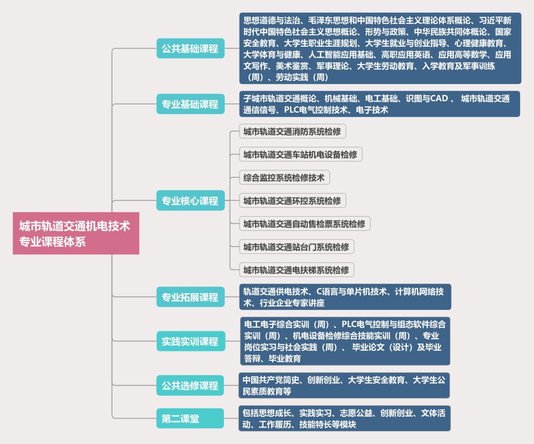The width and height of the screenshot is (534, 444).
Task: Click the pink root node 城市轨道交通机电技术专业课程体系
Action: [x=76, y=233]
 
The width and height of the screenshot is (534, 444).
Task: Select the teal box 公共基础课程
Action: [x=190, y=49]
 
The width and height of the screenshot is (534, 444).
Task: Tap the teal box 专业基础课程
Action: [x=190, y=104]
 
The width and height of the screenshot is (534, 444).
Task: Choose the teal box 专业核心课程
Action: [x=190, y=200]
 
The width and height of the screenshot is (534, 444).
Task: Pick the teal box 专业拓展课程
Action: [x=190, y=297]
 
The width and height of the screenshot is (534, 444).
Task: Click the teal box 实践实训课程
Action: [x=190, y=341]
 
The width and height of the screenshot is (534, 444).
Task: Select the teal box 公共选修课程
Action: [x=190, y=385]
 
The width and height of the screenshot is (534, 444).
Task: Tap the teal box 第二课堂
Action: [x=190, y=418]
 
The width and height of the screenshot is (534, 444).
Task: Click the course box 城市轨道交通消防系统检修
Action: [x=292, y=132]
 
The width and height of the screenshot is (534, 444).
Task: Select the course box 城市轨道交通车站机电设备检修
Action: [x=300, y=155]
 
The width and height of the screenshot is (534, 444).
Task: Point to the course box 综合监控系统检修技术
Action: [x=284, y=178]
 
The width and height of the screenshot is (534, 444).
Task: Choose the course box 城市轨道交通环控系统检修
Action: [x=292, y=201]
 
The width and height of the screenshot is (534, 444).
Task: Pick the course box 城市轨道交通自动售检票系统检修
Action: [x=304, y=224]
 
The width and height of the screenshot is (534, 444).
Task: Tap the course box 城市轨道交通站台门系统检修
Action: [x=296, y=247]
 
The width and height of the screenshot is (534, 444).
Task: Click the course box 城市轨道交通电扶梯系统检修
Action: [x=296, y=270]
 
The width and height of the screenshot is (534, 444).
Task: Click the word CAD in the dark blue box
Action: [x=439, y=99]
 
